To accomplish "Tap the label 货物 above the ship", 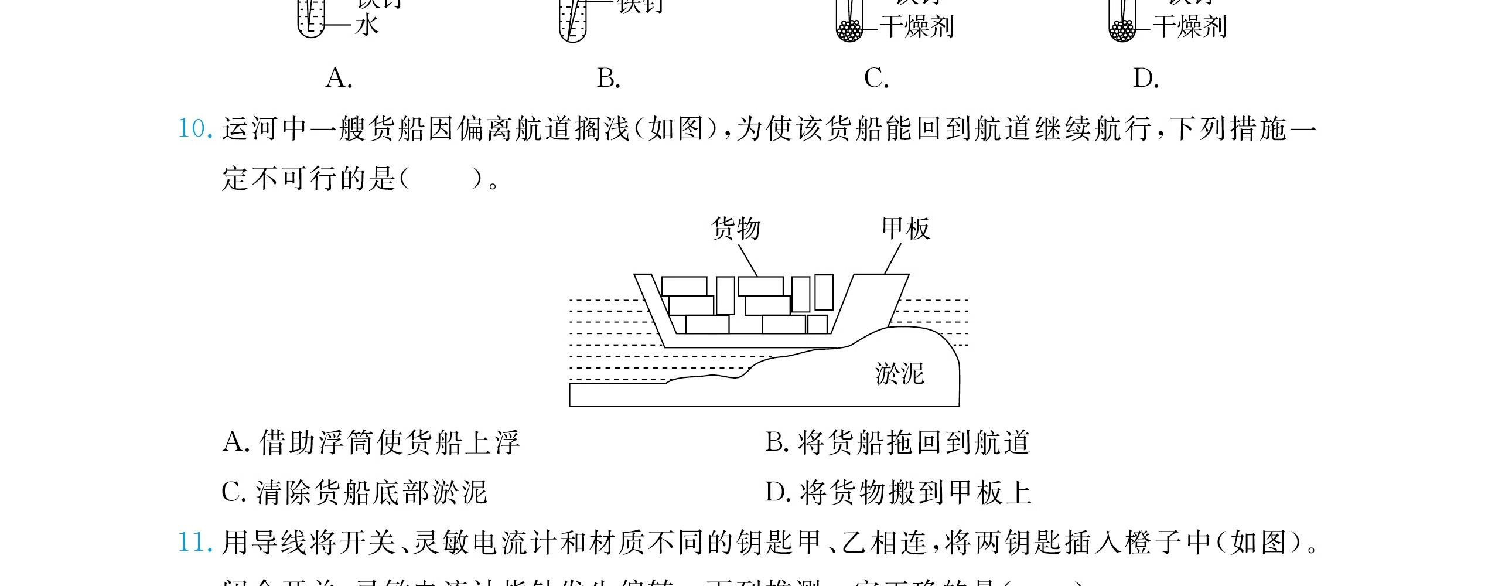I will (x=735, y=228).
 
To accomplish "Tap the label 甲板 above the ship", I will (x=906, y=228).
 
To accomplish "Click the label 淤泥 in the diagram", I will (x=899, y=373).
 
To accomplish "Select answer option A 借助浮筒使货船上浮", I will (x=371, y=443).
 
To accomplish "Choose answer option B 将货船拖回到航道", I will (x=897, y=443).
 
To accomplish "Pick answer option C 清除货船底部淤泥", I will (x=354, y=493).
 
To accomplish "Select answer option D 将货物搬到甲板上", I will (x=898, y=493).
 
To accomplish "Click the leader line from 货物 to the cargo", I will (x=747, y=260).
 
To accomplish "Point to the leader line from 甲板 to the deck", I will (x=892, y=259).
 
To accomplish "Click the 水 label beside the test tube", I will (x=367, y=26).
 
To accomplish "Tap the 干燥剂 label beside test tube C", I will (x=917, y=27).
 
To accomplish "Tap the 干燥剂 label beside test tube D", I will (x=1190, y=27).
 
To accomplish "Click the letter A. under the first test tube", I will (x=339, y=78).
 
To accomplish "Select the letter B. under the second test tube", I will (x=608, y=78).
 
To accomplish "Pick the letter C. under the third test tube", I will (x=876, y=78).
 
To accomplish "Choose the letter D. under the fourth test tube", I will (x=1146, y=78).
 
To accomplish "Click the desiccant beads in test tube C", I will (x=849, y=30).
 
